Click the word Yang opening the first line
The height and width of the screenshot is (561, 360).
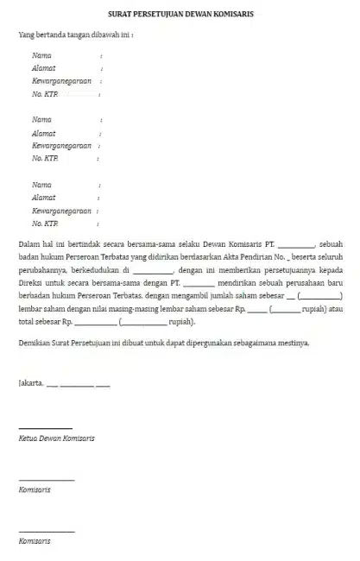(26, 35)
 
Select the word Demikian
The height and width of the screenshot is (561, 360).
(35, 343)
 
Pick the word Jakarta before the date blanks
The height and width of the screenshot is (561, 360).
(31, 385)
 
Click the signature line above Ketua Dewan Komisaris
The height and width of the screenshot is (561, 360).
(40, 428)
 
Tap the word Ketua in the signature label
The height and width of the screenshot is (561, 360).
(29, 438)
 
